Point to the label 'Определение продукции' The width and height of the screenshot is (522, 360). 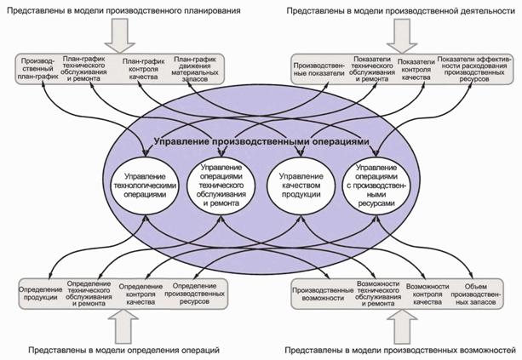pyautogui.click(x=39, y=292)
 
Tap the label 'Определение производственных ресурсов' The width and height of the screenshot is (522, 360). pyautogui.click(x=198, y=292)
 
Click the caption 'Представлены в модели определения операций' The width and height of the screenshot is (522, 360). pyautogui.click(x=124, y=351)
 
